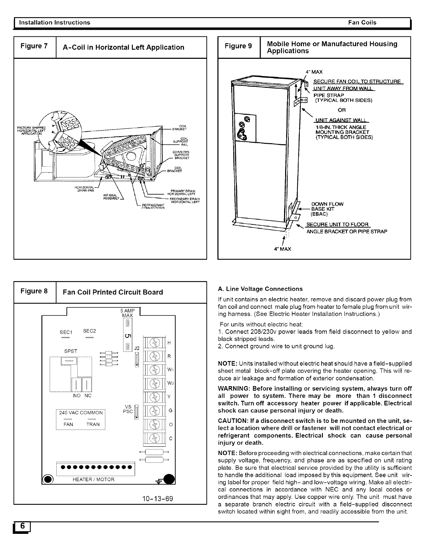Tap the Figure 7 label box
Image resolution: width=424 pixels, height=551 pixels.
[34, 47]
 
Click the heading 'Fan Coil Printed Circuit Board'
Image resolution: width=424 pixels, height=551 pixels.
[112, 292]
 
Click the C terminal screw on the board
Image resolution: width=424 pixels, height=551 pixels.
[154, 438]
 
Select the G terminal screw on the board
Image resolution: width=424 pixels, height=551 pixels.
[154, 410]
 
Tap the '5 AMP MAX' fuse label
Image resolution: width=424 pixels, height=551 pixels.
[127, 313]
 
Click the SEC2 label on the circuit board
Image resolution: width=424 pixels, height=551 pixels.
[90, 331]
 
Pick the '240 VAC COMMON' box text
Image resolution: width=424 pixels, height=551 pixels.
[81, 413]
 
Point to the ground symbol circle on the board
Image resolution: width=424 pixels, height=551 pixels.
[169, 478]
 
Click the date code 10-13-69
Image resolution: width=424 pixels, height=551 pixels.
[156, 498]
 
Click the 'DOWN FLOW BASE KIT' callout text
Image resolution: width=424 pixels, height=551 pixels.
[327, 207]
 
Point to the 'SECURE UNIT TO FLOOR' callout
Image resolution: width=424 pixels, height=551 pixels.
[337, 224]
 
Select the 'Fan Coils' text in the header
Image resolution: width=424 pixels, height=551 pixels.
[362, 22]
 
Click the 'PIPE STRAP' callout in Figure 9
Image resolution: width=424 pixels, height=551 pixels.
[328, 95]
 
